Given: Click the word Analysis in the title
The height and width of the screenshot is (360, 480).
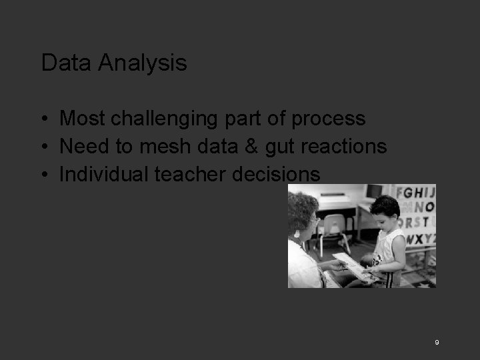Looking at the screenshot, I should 142,63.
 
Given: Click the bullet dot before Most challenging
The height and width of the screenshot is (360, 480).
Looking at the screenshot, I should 43,119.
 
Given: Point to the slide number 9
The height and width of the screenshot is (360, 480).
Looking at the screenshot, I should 437,342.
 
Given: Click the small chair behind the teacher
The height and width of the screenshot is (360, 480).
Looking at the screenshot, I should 333,227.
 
